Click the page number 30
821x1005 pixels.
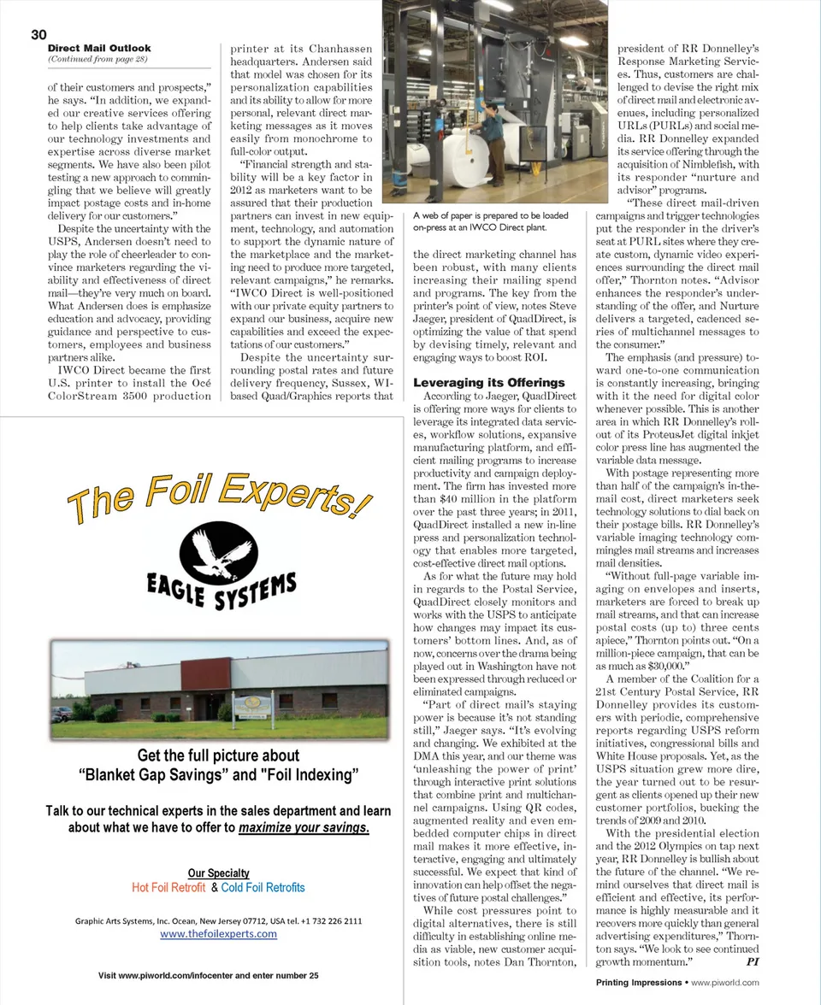(x=38, y=34)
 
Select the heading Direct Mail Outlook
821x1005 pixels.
(x=99, y=49)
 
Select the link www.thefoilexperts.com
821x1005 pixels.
(x=218, y=933)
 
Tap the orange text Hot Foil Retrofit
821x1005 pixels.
(x=168, y=887)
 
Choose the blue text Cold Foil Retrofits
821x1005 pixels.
(x=263, y=887)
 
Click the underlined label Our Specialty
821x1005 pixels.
(x=218, y=873)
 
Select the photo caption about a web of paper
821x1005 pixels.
(x=478, y=221)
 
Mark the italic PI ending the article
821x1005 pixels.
(x=753, y=961)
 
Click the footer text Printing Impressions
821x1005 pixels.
(x=638, y=982)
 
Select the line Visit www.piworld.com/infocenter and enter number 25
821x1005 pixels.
(x=209, y=975)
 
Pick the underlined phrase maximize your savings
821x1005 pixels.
(x=304, y=827)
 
